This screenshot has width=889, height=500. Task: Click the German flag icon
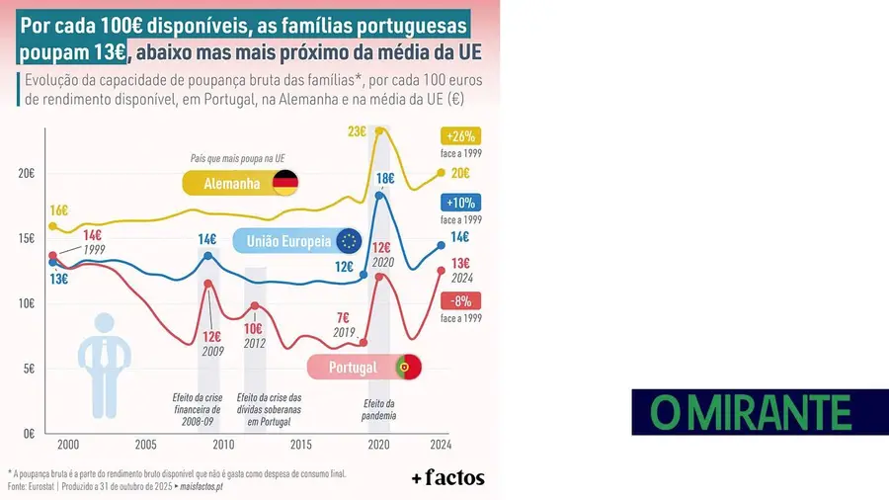(x=285, y=183)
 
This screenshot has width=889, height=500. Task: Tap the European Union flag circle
(x=349, y=241)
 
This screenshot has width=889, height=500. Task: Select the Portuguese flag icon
(x=408, y=368)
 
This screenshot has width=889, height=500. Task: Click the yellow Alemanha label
(x=231, y=184)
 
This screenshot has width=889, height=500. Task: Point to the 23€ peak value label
(x=358, y=131)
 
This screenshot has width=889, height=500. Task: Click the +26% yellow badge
(x=461, y=136)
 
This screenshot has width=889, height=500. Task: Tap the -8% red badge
(x=461, y=301)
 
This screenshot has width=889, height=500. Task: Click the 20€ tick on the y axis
(x=26, y=173)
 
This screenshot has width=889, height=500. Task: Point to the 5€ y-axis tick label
(x=29, y=369)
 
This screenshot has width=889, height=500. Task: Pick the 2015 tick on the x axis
(x=300, y=445)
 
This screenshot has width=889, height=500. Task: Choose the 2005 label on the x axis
(x=145, y=445)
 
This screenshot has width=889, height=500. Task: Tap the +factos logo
(x=447, y=477)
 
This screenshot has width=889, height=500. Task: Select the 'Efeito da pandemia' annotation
(x=378, y=409)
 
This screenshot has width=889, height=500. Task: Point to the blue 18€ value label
(x=386, y=179)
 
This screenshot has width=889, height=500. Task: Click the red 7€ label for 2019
(x=344, y=317)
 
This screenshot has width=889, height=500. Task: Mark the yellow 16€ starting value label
(x=58, y=209)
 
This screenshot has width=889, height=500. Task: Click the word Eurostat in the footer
(x=47, y=487)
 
